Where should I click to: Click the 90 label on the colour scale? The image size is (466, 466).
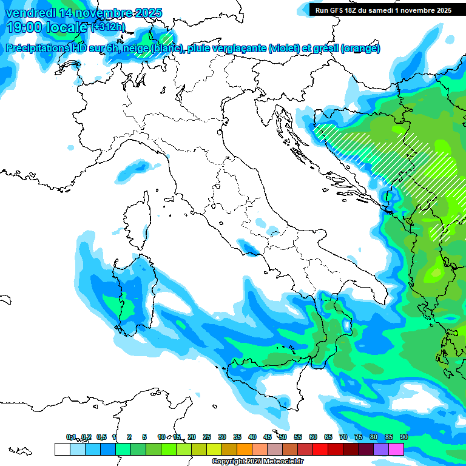pos(404,437)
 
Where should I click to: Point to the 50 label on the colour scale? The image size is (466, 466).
pos(282,437)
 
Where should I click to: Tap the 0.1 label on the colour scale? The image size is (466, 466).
pos(71,437)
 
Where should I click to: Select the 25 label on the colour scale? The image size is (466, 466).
pos(206,437)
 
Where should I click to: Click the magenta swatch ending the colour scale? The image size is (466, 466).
pos(396,449)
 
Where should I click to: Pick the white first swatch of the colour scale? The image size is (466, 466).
pos(62,449)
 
